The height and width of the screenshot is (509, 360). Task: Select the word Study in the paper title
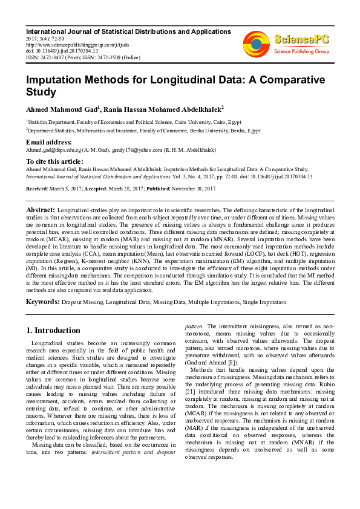[42, 92]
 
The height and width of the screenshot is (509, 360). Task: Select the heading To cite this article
[54, 161]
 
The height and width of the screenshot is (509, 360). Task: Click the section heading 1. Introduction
[53, 331]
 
